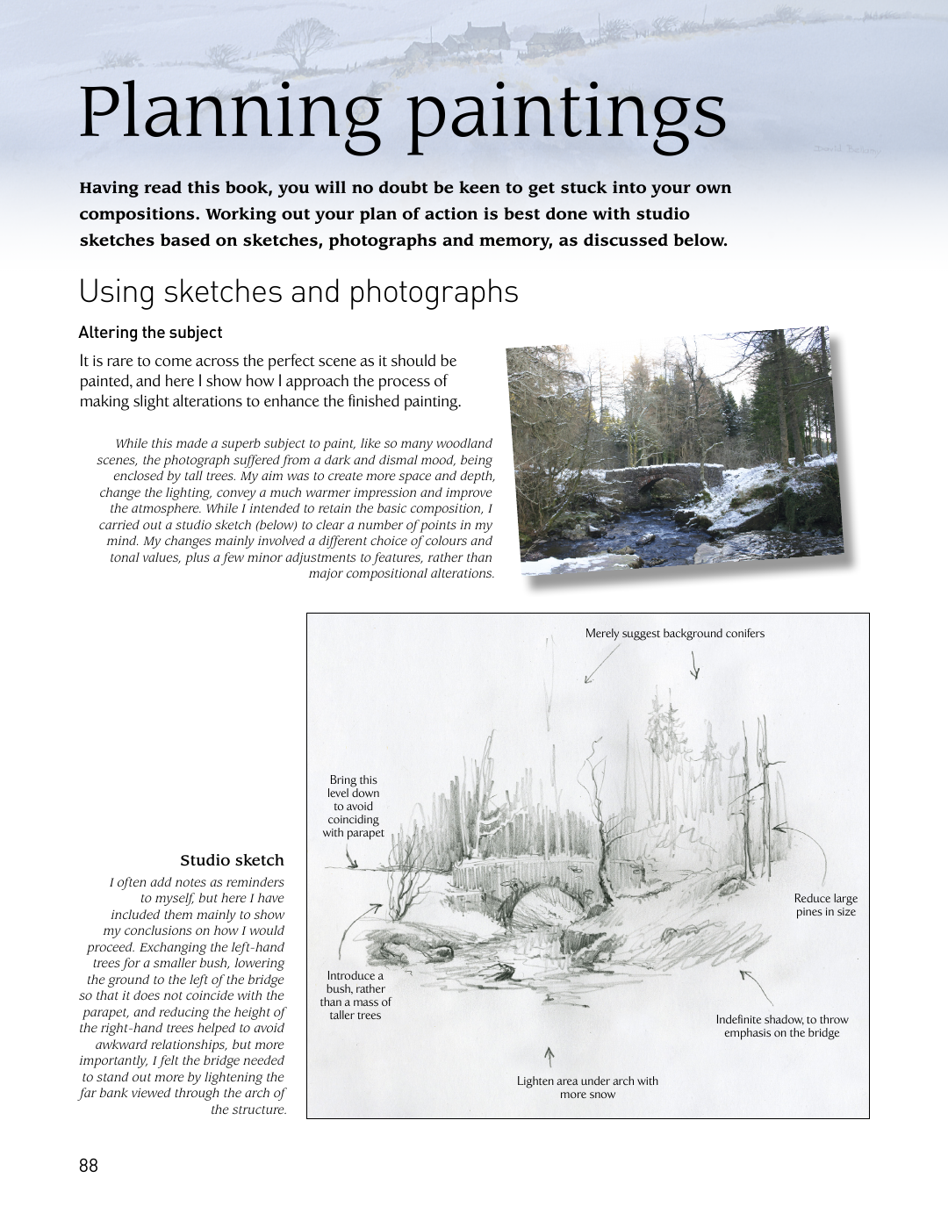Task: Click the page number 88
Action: pos(89,1166)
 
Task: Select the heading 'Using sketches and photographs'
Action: pos(298,292)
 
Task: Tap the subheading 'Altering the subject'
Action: pos(150,333)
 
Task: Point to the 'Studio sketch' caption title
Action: pos(232,860)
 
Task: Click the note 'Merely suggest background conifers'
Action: pos(674,634)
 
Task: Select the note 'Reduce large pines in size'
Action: pos(825,905)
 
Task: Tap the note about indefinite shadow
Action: pos(781,1026)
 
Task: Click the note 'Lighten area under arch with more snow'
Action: pos(587,1088)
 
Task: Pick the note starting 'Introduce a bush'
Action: pos(355,995)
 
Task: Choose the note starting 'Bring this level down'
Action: pos(353,806)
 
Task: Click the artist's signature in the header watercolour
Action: pos(846,150)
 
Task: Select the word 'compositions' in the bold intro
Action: pos(138,214)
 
